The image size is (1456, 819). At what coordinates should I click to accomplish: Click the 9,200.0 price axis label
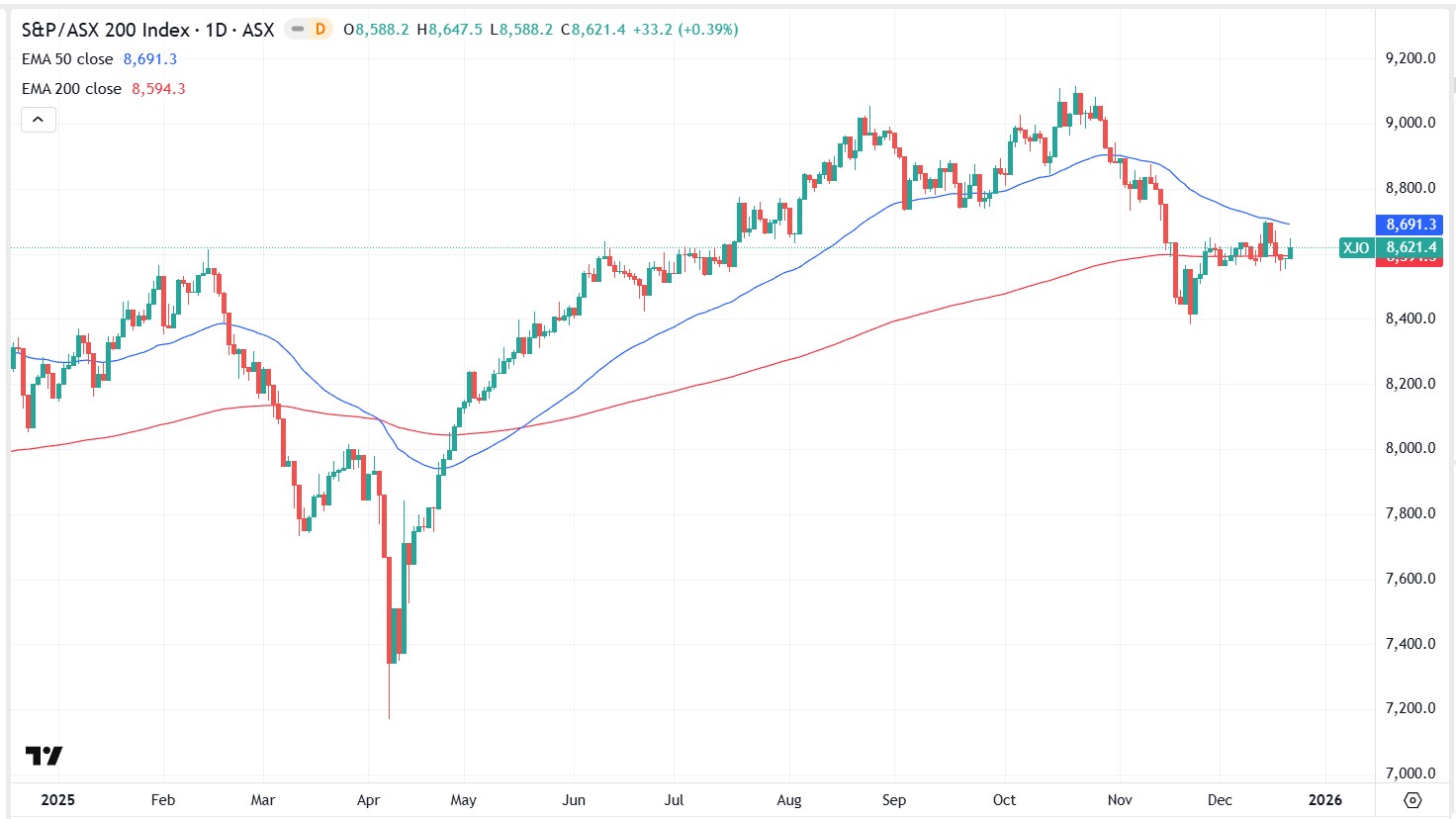(1410, 58)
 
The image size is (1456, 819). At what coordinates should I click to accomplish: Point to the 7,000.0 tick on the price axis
(1410, 773)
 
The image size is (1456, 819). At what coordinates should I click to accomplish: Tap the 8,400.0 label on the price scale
(1410, 318)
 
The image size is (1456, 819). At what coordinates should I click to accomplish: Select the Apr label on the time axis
(368, 800)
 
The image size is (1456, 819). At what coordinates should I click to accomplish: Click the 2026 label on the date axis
(1325, 800)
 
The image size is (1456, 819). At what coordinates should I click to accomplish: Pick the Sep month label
(893, 800)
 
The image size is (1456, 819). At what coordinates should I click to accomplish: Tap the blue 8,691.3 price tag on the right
(1410, 225)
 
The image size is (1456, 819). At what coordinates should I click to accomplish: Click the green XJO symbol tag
(1356, 247)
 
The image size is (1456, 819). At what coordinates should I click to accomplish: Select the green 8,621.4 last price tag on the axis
(1410, 247)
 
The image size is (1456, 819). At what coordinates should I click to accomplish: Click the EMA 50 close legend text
(67, 59)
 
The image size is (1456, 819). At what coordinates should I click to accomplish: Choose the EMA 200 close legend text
(71, 89)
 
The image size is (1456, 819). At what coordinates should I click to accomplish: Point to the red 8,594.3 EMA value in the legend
(158, 89)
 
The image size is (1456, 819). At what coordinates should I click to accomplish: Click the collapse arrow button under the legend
(38, 120)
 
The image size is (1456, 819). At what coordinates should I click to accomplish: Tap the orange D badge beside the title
(319, 30)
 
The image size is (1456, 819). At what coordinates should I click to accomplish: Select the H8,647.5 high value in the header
(450, 30)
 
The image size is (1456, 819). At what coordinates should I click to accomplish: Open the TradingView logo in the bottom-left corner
(44, 756)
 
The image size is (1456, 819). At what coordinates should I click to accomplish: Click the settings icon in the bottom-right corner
(1412, 800)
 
